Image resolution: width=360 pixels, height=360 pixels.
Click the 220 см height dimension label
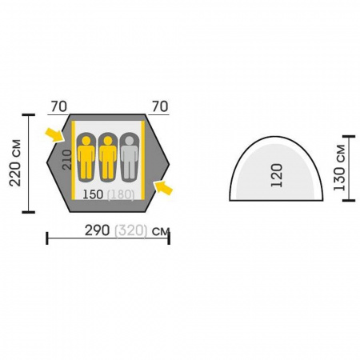point(15,162)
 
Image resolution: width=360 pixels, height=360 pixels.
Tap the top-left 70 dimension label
point(59,106)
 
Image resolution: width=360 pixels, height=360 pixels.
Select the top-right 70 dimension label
point(160,106)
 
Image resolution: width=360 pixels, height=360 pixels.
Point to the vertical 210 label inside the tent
point(67,160)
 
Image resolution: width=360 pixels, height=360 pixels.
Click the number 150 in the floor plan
point(93,194)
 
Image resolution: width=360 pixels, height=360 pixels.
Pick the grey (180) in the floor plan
point(120,194)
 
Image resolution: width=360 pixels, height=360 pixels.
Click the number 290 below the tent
point(97,230)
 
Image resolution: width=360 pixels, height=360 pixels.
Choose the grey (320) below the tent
point(130,230)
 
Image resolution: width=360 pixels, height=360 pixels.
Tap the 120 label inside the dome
point(277,175)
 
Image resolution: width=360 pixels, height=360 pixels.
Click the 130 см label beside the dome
point(339,168)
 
